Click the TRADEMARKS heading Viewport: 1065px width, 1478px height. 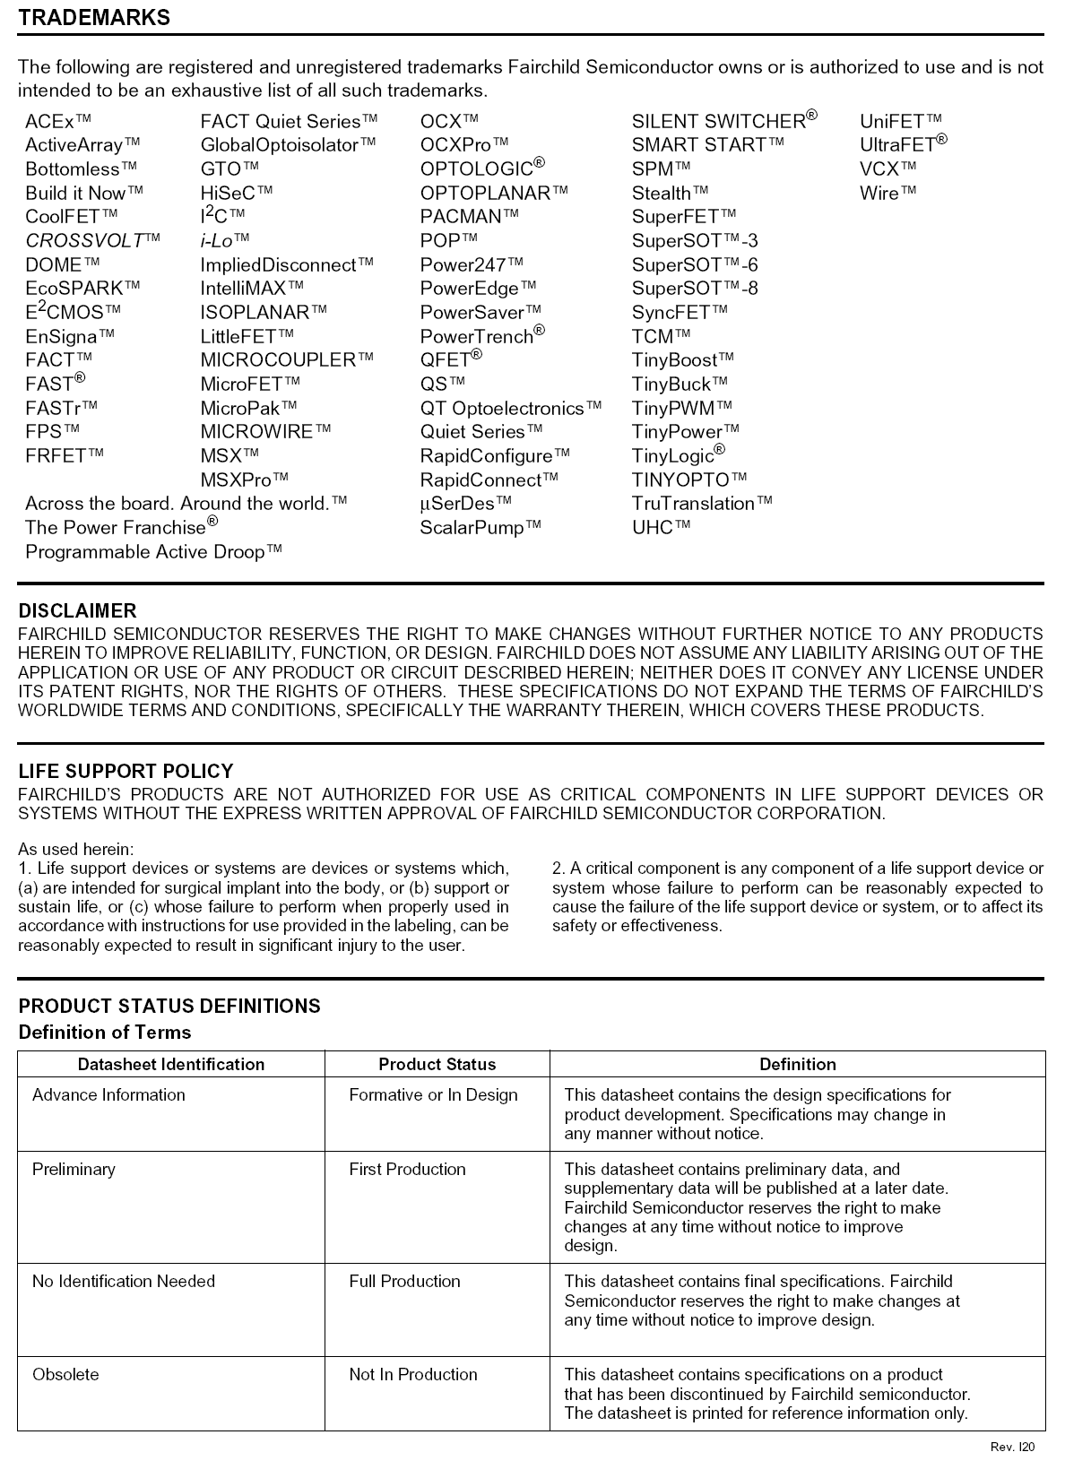94,17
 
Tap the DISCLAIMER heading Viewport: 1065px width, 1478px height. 78,610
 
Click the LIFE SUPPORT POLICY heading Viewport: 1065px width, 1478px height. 126,771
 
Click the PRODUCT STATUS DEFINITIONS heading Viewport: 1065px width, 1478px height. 169,1006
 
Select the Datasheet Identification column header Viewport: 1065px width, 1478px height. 171,1064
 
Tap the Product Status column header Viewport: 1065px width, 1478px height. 437,1064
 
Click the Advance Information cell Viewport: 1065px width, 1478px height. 108,1094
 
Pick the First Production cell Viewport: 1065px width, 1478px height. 407,1169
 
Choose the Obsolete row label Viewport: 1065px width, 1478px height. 66,1374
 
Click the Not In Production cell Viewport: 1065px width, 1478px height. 412,1374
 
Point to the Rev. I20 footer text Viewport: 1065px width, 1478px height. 1012,1447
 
